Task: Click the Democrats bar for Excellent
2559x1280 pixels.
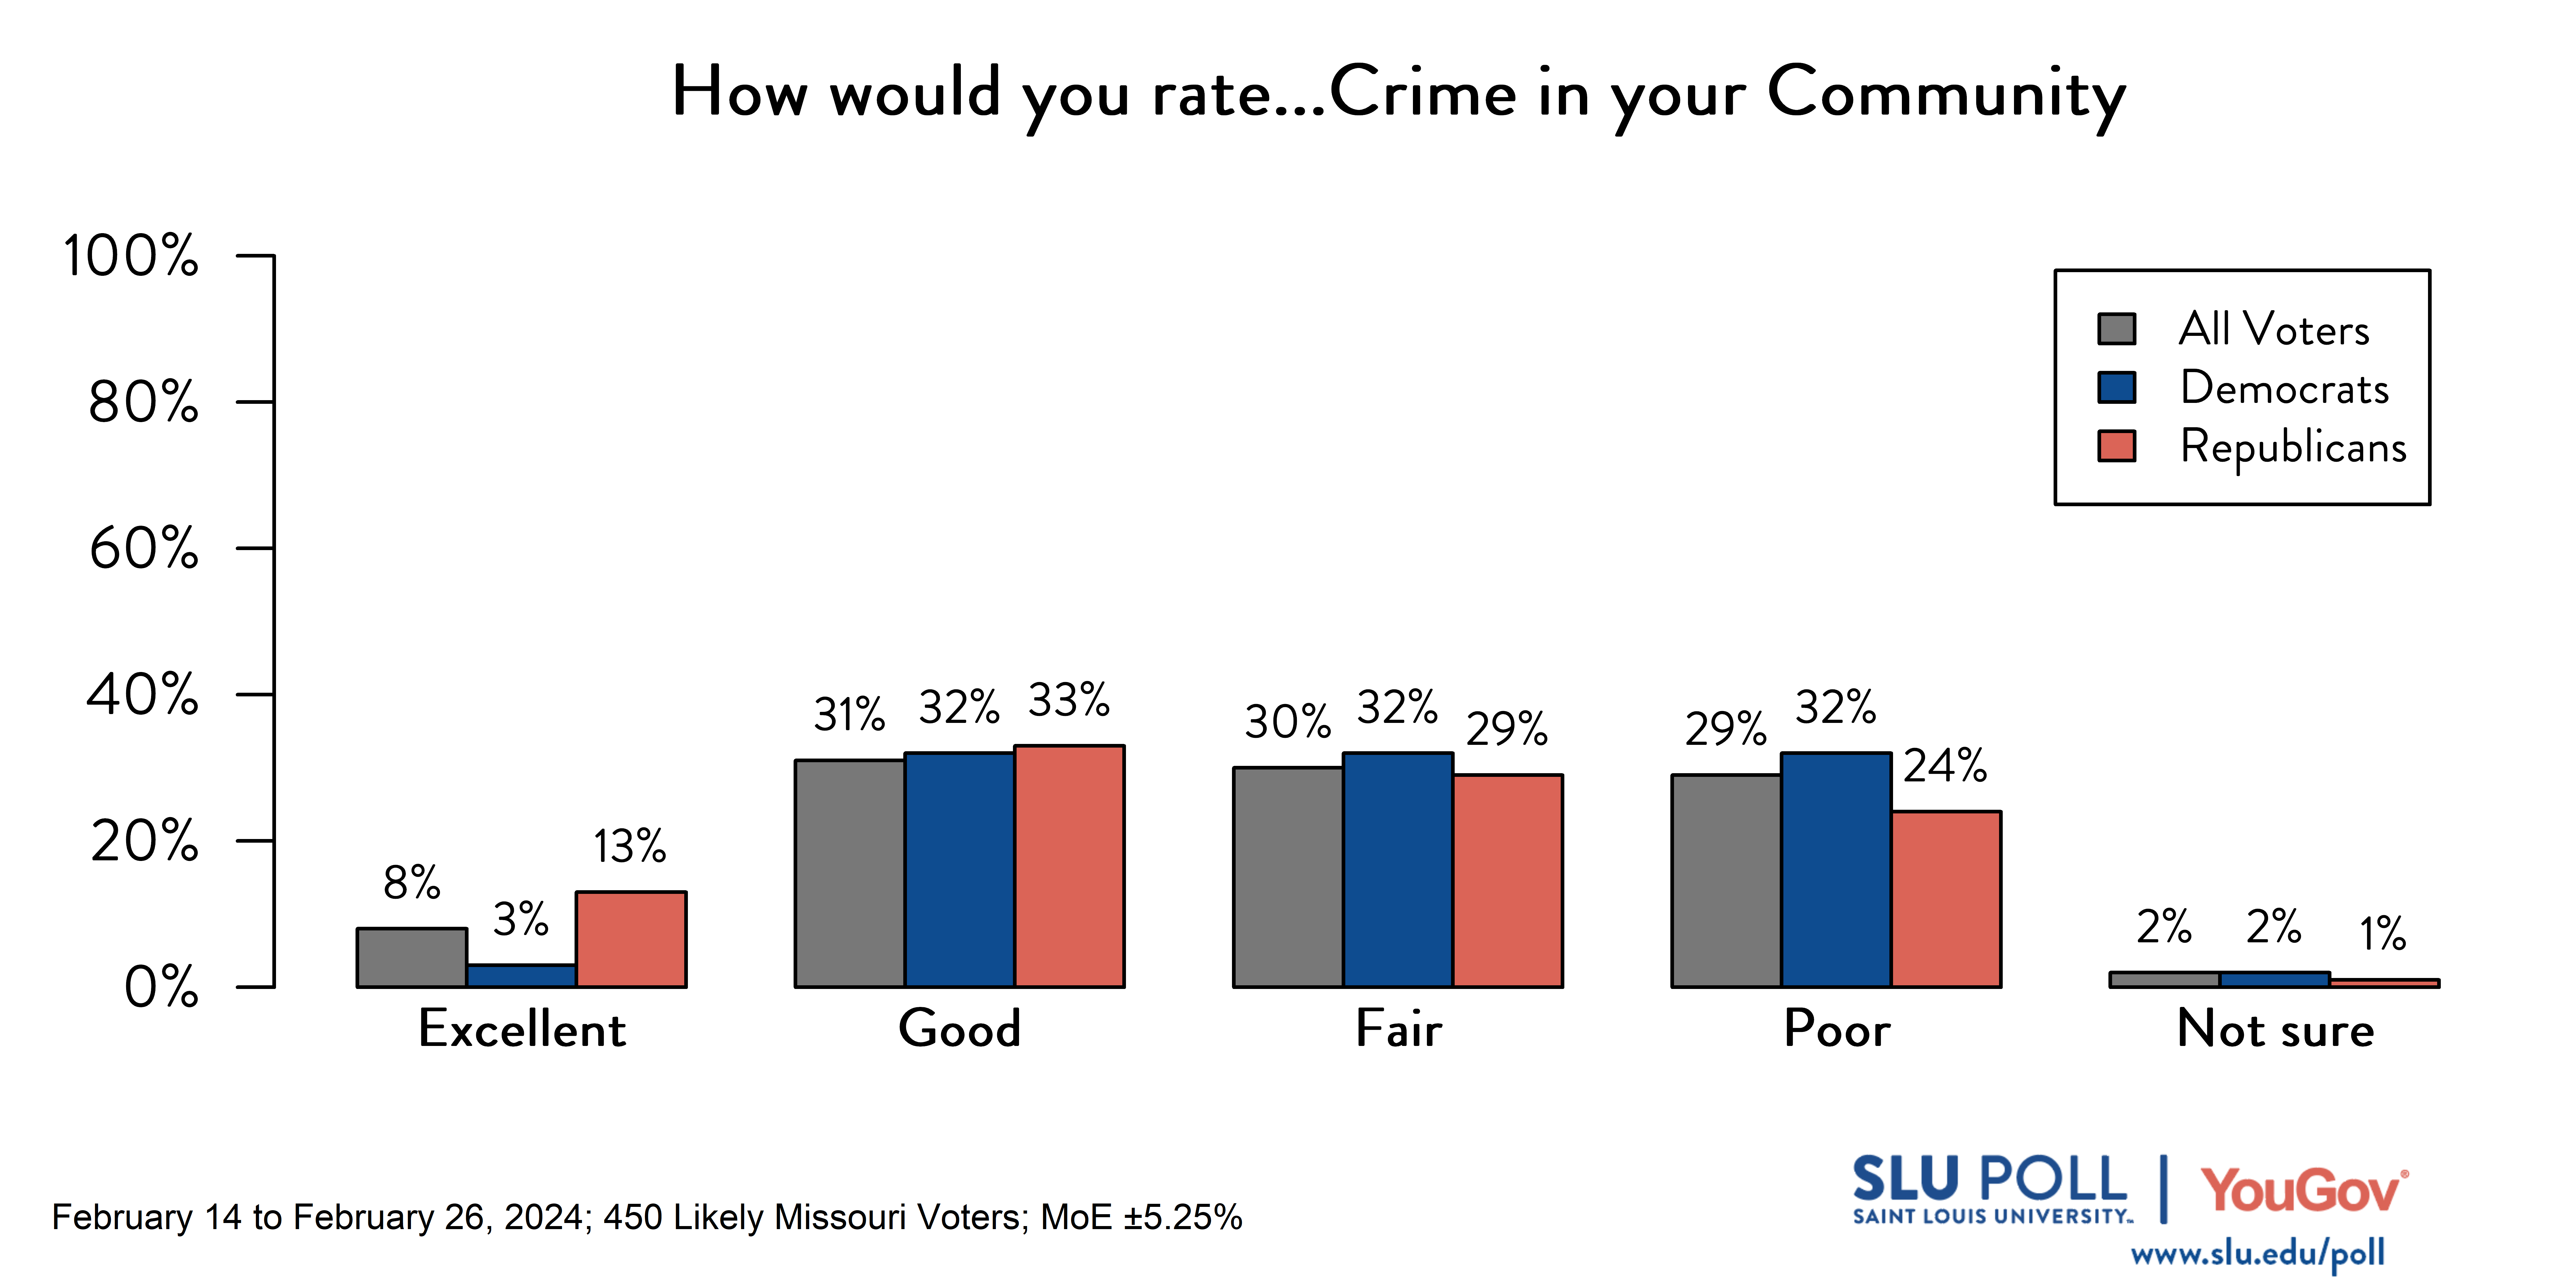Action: click(522, 976)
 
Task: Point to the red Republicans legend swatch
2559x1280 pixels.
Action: click(2117, 446)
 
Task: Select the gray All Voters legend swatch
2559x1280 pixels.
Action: click(2117, 329)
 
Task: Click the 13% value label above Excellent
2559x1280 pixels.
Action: click(630, 847)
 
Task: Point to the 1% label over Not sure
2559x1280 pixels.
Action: click(2382, 933)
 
